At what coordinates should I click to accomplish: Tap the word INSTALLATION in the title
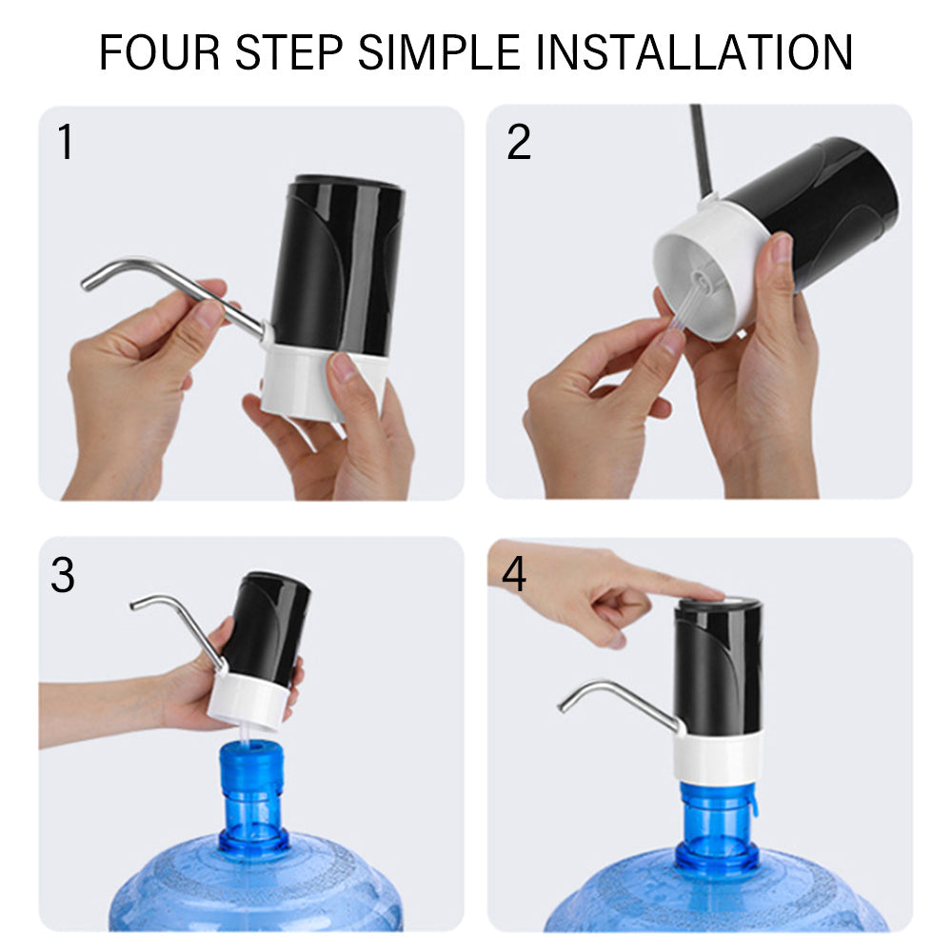tap(694, 53)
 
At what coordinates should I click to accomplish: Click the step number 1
tap(65, 143)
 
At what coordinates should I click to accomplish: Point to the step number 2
tap(519, 143)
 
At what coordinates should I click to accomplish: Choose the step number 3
tap(63, 576)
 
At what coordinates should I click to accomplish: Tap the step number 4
tap(514, 575)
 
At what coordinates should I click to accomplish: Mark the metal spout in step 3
tap(176, 619)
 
